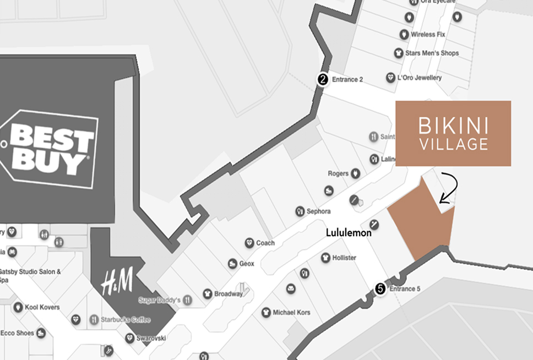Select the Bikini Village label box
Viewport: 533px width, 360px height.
click(453, 134)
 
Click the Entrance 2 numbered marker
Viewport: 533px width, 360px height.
click(323, 79)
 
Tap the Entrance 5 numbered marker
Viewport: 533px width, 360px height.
click(380, 288)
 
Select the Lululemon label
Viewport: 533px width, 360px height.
click(349, 233)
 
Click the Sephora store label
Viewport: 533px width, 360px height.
click(318, 211)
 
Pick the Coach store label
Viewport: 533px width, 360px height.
click(265, 243)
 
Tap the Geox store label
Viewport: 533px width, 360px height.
click(246, 264)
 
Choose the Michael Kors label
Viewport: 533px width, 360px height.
click(291, 313)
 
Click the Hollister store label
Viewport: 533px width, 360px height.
click(344, 258)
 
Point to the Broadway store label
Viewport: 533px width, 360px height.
click(228, 294)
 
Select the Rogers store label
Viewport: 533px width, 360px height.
click(338, 173)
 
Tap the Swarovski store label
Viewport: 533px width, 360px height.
click(151, 338)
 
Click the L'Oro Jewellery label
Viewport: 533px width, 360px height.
click(421, 78)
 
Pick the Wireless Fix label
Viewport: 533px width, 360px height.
click(427, 35)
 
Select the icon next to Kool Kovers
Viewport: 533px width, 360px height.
click(18, 307)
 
